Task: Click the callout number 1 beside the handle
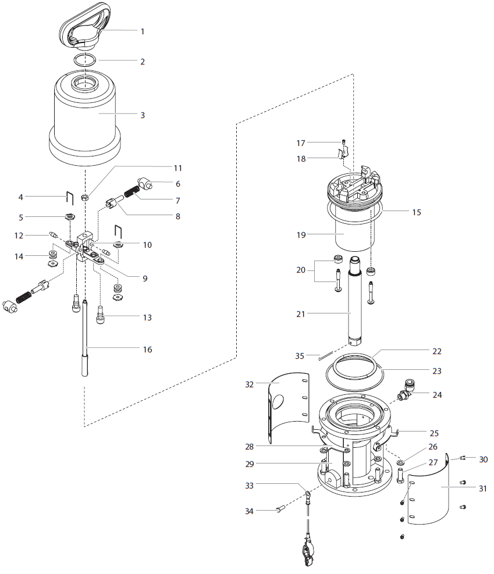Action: point(143,31)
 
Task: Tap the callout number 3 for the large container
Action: point(143,115)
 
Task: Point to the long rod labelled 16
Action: point(85,338)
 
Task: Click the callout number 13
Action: point(147,318)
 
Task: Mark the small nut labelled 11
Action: point(84,198)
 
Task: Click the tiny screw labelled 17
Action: point(343,141)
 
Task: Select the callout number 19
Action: point(301,235)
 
